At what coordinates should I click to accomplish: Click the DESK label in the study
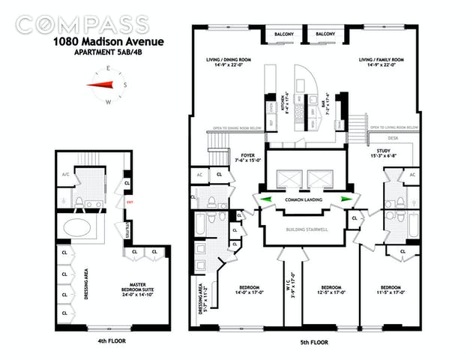393,138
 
